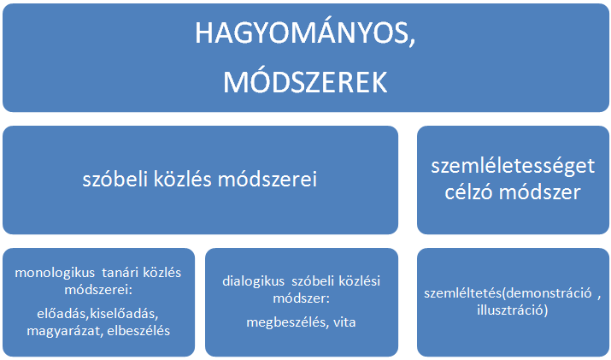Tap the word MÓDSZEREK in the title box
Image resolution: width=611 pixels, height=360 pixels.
point(305,82)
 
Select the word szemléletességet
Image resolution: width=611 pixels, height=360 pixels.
point(513,167)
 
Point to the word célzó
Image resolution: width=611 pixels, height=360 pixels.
point(468,192)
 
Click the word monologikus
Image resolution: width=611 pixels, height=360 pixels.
point(55,273)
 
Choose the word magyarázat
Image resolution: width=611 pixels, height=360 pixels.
point(65,331)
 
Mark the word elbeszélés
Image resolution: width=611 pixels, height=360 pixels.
point(138,331)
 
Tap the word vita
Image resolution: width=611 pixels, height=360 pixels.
point(344,322)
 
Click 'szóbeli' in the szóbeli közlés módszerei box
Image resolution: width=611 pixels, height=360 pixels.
point(115,180)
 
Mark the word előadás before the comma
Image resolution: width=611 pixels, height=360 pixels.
point(62,314)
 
